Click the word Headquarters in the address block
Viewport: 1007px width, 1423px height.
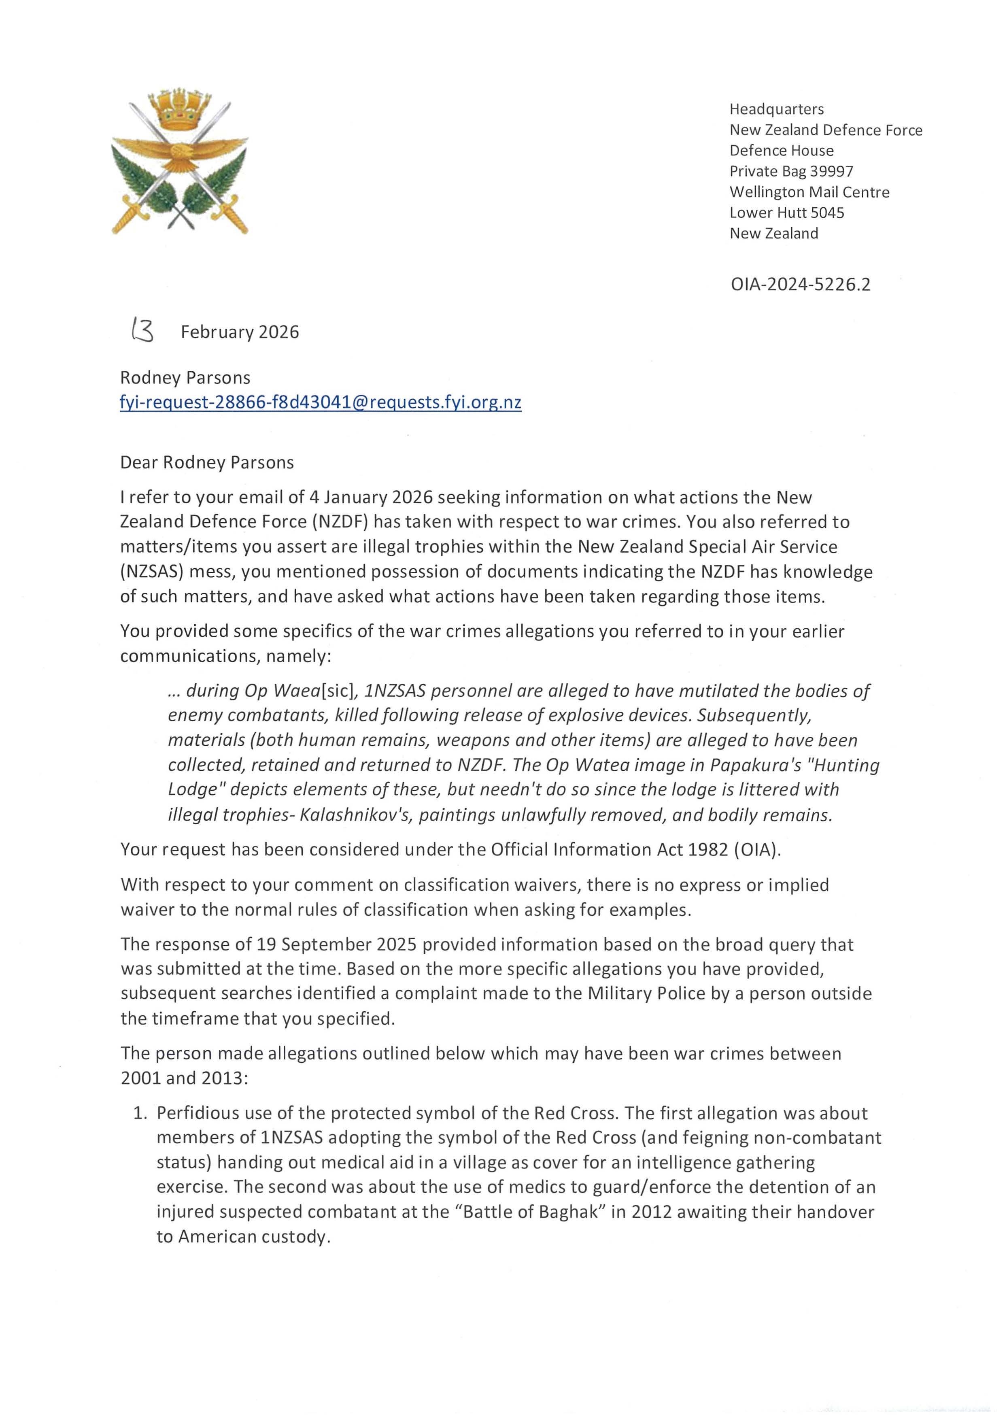point(776,109)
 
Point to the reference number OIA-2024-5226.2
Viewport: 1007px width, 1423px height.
point(800,285)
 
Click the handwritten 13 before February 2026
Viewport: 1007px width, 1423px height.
point(142,331)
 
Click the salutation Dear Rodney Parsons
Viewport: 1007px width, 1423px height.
point(206,463)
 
